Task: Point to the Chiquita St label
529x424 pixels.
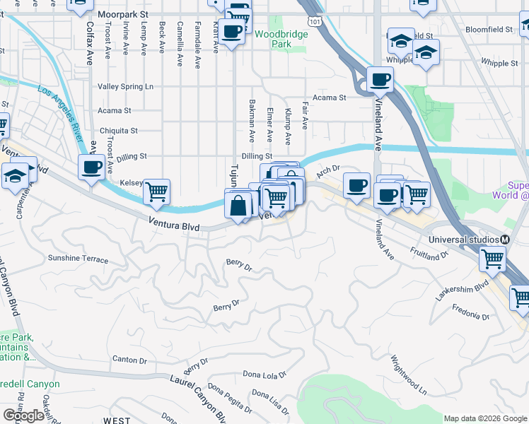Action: [x=118, y=131]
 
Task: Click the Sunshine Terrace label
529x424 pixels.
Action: [x=78, y=259]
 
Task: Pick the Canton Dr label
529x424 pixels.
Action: [x=129, y=360]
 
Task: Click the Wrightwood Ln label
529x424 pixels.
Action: [x=409, y=375]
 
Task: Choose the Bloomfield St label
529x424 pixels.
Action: [x=489, y=30]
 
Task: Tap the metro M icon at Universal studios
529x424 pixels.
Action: [x=505, y=240]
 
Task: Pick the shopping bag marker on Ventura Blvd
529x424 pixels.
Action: [x=239, y=206]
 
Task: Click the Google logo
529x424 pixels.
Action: [x=23, y=416]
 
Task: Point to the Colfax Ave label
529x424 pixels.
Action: [x=90, y=43]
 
